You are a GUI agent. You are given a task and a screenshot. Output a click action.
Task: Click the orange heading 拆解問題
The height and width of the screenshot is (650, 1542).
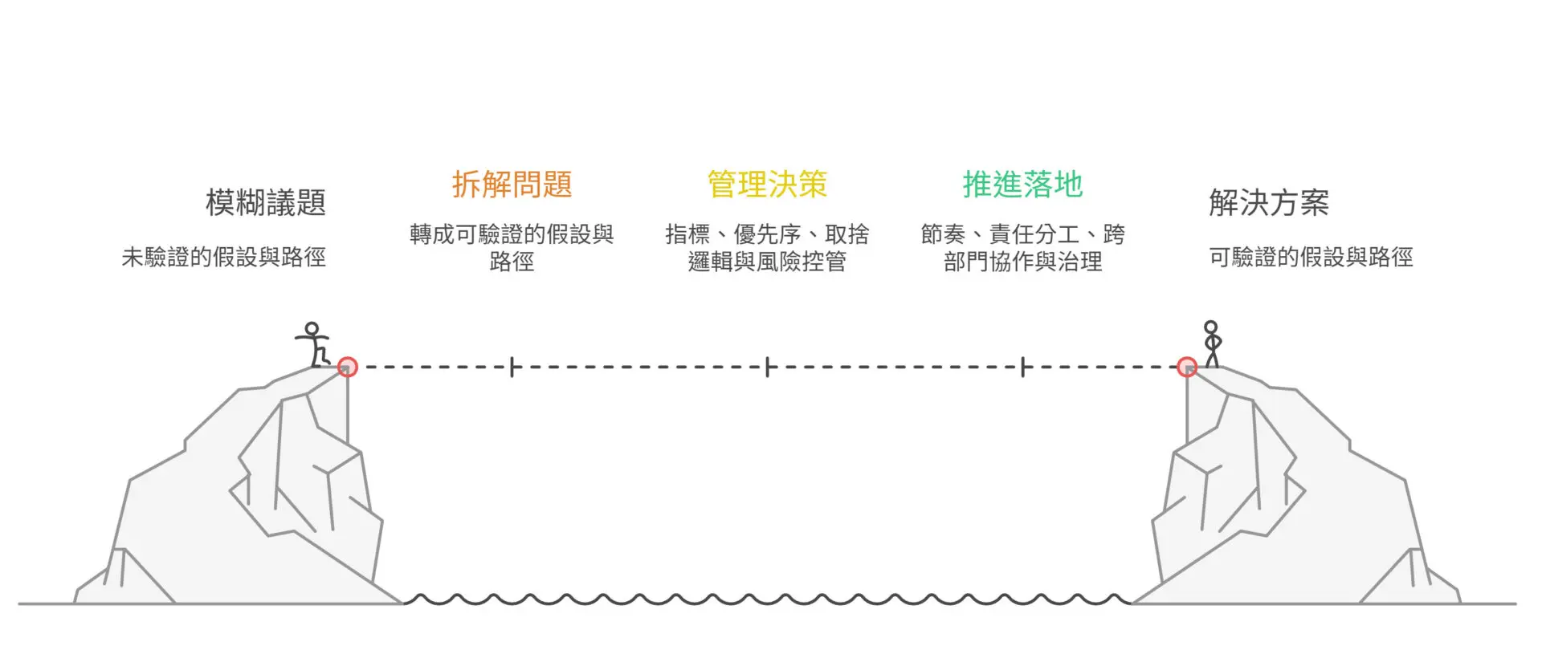pos(512,185)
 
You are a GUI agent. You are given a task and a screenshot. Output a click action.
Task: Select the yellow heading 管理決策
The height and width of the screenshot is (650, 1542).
pos(767,185)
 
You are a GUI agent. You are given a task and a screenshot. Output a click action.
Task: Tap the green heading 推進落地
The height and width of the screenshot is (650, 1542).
pos(1022,185)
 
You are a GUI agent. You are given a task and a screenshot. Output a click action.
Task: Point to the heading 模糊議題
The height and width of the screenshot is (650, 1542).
pos(266,202)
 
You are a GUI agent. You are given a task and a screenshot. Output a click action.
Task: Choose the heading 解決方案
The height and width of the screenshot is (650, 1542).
pos(1269,202)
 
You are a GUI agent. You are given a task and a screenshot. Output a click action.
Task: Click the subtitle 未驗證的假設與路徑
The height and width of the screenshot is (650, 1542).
pos(224,257)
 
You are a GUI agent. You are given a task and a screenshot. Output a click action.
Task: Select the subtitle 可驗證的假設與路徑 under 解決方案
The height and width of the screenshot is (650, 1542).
pos(1311,257)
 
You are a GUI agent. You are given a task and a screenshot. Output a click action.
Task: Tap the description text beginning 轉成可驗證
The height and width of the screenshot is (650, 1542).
pos(512,247)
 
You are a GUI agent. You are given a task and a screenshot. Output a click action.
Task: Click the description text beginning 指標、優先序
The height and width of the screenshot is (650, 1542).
pos(767,247)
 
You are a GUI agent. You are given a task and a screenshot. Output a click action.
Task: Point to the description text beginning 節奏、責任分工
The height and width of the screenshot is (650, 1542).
pos(1022,247)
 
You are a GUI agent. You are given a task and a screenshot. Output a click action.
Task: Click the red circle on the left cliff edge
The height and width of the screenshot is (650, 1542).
pos(347,367)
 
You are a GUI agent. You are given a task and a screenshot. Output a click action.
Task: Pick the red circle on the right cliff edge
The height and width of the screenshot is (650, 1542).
pos(1187,367)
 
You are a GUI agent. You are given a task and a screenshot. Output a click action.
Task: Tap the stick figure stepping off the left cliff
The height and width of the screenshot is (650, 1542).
pos(313,344)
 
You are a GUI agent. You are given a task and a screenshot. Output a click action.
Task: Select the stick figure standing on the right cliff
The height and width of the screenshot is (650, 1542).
pos(1211,344)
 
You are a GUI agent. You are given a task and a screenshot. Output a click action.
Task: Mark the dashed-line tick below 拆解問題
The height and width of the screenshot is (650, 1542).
pos(512,368)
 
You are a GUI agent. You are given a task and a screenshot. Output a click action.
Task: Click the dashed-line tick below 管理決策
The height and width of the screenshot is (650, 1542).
pos(767,368)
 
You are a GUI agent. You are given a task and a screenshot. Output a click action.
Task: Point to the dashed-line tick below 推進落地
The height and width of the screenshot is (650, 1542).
pos(1022,368)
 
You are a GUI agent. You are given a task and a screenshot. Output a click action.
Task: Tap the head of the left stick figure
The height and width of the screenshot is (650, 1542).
pos(312,328)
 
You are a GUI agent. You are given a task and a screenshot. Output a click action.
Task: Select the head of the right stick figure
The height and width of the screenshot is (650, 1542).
pos(1210,327)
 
